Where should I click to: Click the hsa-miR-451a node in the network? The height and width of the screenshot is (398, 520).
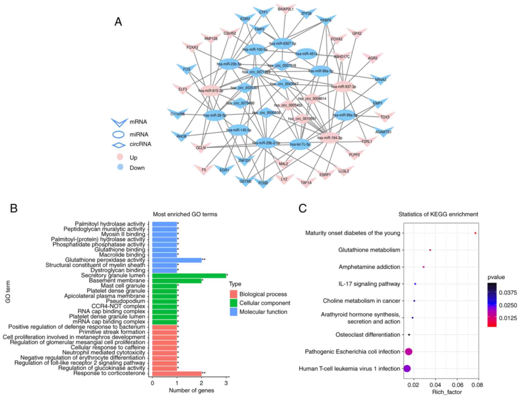[306, 54]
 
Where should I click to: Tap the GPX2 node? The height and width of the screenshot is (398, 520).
[357, 33]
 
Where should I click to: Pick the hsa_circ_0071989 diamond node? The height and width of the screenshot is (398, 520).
[256, 72]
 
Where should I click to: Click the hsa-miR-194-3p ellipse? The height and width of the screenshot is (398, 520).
[330, 138]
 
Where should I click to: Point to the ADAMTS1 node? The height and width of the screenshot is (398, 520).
[383, 132]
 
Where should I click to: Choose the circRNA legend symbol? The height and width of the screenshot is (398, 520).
[119, 145]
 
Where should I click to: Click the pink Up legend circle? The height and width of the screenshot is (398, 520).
[120, 157]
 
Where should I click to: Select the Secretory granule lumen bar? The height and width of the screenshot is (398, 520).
[189, 276]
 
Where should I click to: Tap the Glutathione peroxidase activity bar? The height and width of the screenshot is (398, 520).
[177, 260]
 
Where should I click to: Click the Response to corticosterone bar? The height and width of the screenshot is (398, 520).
[177, 373]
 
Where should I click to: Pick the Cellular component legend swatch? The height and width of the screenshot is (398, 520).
[233, 303]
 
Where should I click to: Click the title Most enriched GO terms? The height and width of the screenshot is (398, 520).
[185, 214]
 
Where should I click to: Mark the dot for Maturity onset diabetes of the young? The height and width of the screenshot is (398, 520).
[475, 233]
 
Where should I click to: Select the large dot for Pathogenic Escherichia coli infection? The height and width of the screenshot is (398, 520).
[409, 351]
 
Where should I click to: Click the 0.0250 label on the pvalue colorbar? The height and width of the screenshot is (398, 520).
[507, 305]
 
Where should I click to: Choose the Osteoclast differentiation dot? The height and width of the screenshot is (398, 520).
[409, 335]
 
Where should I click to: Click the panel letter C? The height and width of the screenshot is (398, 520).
[302, 208]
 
